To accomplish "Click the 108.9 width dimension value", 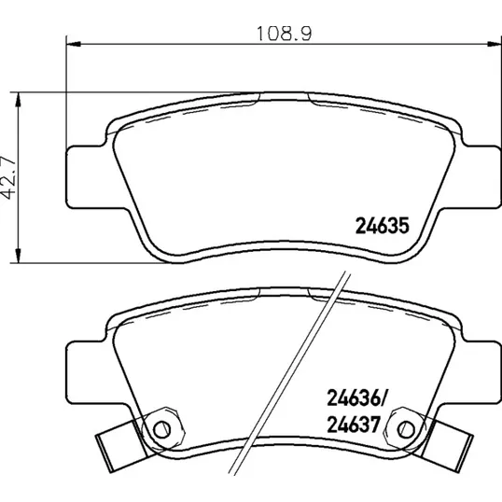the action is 285,34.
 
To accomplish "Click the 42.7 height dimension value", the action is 8,177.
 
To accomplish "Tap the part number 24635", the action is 383,226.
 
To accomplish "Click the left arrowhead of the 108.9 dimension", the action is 73,43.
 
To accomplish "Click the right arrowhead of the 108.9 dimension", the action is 495,43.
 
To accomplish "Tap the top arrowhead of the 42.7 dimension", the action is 19,100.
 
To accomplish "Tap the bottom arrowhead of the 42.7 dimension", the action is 19,256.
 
